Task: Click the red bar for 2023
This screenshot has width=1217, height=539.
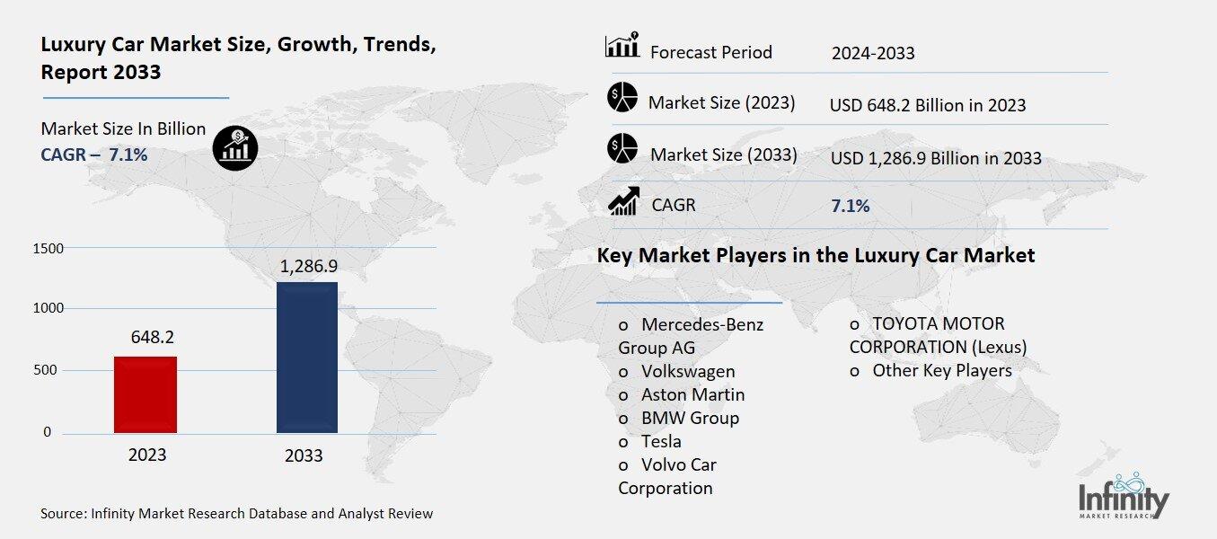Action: coord(145,394)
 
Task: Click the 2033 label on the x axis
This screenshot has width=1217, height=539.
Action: coord(304,455)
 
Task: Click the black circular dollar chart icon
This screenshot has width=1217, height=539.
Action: coord(235,146)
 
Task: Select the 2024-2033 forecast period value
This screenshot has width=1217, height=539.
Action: coord(872,53)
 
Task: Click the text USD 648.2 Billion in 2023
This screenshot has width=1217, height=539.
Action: coord(928,105)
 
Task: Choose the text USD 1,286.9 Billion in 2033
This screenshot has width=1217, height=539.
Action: coord(936,158)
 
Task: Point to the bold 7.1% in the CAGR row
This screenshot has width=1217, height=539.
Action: coord(850,206)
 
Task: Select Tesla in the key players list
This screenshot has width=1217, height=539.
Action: coord(661,441)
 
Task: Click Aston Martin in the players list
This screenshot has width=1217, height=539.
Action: coord(692,394)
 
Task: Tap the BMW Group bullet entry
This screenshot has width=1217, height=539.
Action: coord(690,418)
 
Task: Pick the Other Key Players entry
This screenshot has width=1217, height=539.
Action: coord(941,370)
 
